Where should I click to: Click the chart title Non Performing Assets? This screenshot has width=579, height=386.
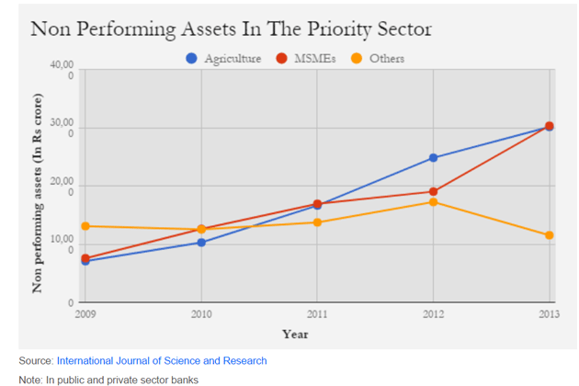pyautogui.click(x=231, y=28)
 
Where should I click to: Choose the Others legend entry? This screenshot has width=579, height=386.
pyautogui.click(x=385, y=59)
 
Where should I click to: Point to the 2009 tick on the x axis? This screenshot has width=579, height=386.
pyautogui.click(x=85, y=314)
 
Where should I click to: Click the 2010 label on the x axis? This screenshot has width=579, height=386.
pyautogui.click(x=200, y=314)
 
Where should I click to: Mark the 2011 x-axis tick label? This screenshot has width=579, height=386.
pyautogui.click(x=317, y=314)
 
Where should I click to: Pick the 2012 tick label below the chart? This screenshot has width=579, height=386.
pyautogui.click(x=434, y=314)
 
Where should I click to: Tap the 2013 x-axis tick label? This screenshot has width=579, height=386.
pyautogui.click(x=549, y=314)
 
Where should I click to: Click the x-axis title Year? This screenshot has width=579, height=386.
pyautogui.click(x=295, y=334)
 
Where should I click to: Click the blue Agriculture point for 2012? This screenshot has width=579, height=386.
pyautogui.click(x=434, y=158)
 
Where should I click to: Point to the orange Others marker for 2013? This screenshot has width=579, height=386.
pyautogui.click(x=550, y=235)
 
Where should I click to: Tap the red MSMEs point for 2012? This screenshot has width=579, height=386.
pyautogui.click(x=434, y=192)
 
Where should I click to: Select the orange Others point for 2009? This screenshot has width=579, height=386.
pyautogui.click(x=85, y=226)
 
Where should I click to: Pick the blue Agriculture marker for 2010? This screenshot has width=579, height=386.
pyautogui.click(x=201, y=243)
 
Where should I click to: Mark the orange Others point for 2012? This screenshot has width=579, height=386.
pyautogui.click(x=434, y=202)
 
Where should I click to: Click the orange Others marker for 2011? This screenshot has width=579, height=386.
pyautogui.click(x=317, y=222)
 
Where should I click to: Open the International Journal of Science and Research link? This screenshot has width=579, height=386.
pyautogui.click(x=162, y=361)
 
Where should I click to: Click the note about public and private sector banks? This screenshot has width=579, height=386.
pyautogui.click(x=108, y=379)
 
